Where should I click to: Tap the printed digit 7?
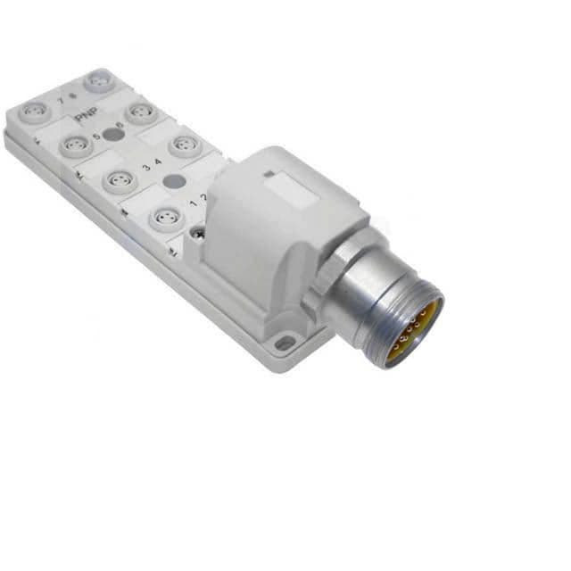point(60,101)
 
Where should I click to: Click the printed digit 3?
point(145,168)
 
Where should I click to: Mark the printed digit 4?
point(158,162)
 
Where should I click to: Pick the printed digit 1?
point(194,203)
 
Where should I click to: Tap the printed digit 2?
point(204,196)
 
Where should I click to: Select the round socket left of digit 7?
point(35,111)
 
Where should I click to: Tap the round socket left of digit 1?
point(166,216)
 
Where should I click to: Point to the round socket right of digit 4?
point(185,144)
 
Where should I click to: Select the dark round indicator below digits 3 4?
point(175,181)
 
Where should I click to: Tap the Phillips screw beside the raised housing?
point(197,234)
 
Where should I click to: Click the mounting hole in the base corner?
point(284,343)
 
